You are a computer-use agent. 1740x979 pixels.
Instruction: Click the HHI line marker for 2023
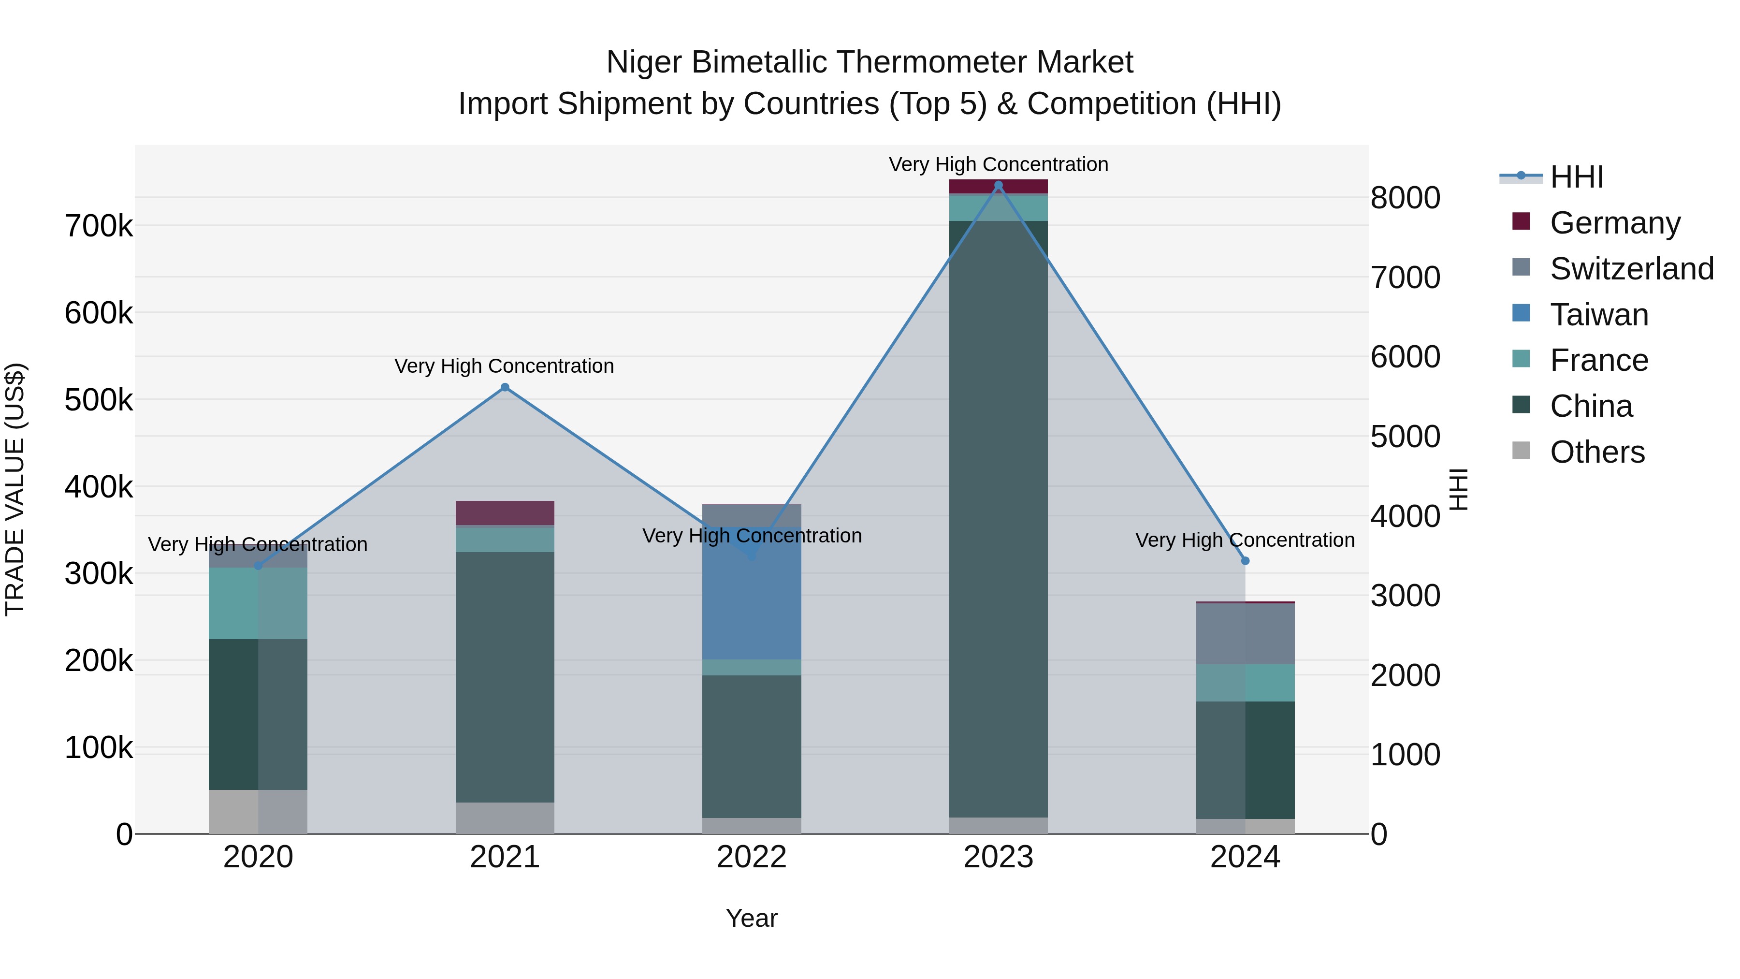pyautogui.click(x=999, y=185)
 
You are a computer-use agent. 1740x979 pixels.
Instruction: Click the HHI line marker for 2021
pyautogui.click(x=505, y=387)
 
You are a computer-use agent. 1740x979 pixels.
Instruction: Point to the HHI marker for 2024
pyautogui.click(x=1245, y=561)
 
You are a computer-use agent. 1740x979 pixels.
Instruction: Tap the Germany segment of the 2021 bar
pyautogui.click(x=505, y=513)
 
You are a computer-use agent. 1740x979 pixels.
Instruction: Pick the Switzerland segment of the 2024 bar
pyautogui.click(x=1245, y=634)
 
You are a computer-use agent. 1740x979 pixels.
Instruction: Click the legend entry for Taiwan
pyautogui.click(x=1598, y=315)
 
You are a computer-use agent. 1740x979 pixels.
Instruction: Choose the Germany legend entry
pyautogui.click(x=1614, y=223)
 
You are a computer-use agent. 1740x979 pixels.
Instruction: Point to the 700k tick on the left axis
pyautogui.click(x=99, y=226)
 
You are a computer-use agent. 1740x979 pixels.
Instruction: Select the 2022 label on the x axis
pyautogui.click(x=751, y=857)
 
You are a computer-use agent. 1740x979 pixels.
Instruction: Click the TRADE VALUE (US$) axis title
pyautogui.click(x=15, y=489)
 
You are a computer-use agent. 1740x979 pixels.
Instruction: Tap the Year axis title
pyautogui.click(x=751, y=918)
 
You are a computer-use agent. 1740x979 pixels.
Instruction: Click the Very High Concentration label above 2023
pyautogui.click(x=999, y=164)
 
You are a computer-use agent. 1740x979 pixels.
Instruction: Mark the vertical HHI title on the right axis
pyautogui.click(x=1459, y=489)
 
